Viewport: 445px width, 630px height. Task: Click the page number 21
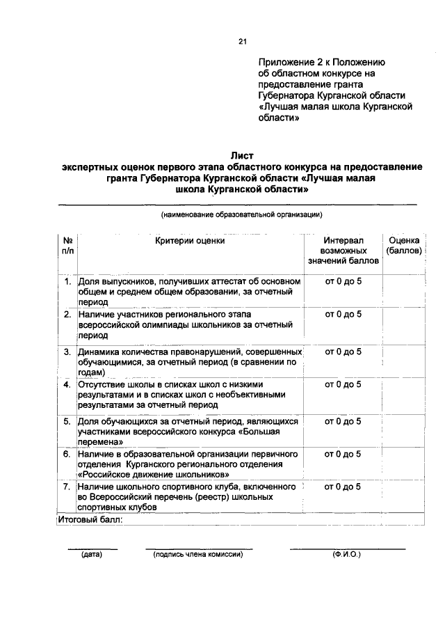click(x=243, y=42)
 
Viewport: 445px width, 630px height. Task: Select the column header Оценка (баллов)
click(x=403, y=246)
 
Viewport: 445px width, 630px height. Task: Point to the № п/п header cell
click(x=67, y=246)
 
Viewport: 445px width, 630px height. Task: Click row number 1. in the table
click(x=67, y=282)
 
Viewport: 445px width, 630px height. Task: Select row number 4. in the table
click(x=67, y=384)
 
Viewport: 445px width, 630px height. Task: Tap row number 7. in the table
click(x=67, y=487)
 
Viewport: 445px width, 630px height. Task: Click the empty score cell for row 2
click(x=403, y=325)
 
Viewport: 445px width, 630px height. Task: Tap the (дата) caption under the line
click(x=92, y=555)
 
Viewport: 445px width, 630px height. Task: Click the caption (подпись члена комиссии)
click(x=198, y=555)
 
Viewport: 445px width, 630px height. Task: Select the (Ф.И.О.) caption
click(x=347, y=555)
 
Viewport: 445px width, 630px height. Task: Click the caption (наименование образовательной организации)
click(x=241, y=214)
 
